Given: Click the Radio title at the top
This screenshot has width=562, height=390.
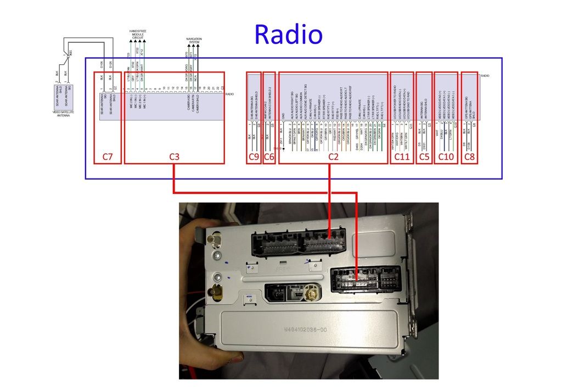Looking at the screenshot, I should tap(288, 35).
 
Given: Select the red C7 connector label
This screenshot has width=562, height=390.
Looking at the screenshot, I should tap(108, 157).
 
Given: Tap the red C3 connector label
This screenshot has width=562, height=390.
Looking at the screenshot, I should tap(174, 157).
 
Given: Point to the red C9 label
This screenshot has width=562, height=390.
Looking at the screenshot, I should tap(254, 157).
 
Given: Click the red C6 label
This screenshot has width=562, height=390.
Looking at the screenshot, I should tap(269, 157).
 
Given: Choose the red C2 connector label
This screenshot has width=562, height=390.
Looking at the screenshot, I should tap(333, 157).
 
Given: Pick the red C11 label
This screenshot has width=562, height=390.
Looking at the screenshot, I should tap(402, 157).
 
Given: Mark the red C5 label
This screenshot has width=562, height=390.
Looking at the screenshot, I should tap(424, 157).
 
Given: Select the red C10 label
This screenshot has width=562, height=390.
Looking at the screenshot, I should tap(446, 157).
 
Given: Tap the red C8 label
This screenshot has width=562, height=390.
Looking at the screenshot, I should tap(469, 157).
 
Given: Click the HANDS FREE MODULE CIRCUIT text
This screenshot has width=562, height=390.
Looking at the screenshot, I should tap(138, 35).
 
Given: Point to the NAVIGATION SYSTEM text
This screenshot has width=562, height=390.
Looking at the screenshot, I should tap(194, 40).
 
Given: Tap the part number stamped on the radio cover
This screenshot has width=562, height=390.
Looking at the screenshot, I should tap(305, 330).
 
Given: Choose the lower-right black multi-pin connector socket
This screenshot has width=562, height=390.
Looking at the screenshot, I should tap(366, 280).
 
